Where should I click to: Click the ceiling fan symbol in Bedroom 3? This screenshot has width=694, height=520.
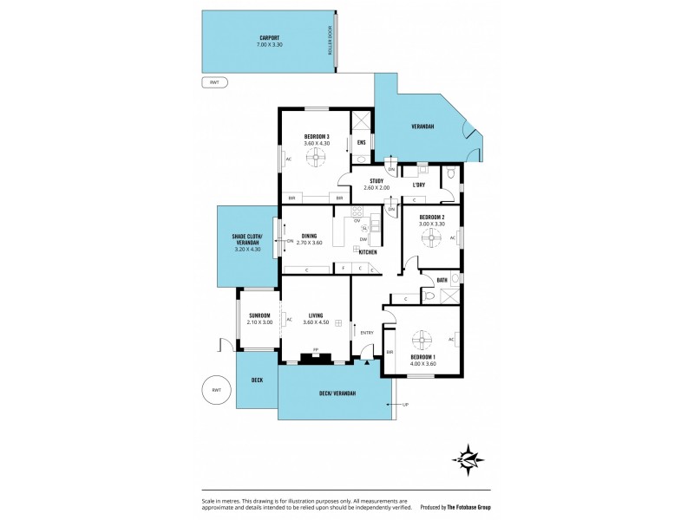pyautogui.click(x=314, y=158)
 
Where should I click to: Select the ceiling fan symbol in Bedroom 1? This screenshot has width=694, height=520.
pyautogui.click(x=422, y=338)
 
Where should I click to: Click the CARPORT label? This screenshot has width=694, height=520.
pyautogui.click(x=270, y=38)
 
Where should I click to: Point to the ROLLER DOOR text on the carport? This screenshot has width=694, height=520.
pyautogui.click(x=330, y=41)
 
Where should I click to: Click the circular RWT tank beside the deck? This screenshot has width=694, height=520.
pyautogui.click(x=216, y=391)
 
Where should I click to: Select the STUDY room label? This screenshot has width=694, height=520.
pyautogui.click(x=364, y=180)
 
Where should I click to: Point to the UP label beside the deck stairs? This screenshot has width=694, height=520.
pyautogui.click(x=405, y=405)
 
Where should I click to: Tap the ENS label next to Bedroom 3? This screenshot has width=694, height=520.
pyautogui.click(x=362, y=142)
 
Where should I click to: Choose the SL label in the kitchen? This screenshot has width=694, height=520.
pyautogui.click(x=365, y=228)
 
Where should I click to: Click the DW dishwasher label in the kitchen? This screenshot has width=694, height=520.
pyautogui.click(x=363, y=239)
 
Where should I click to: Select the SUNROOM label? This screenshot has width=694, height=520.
pyautogui.click(x=259, y=315)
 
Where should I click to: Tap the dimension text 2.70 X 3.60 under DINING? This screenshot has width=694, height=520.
pyautogui.click(x=310, y=243)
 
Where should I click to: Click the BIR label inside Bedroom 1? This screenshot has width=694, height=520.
pyautogui.click(x=390, y=352)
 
